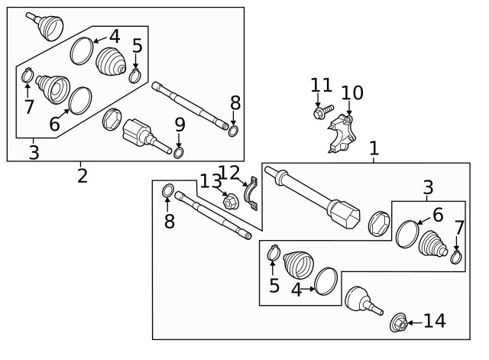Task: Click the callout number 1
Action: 374,148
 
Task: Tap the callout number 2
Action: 82,176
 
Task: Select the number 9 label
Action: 180,125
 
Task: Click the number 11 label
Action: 322,86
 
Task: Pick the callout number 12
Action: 229,174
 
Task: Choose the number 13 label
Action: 210,181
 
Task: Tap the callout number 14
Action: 434,321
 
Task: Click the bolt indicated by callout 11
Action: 319,114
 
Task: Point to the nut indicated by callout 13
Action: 228,202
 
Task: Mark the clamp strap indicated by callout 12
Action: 251,194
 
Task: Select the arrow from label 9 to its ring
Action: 179,140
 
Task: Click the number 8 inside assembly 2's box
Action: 235,102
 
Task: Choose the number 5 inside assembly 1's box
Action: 274,287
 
